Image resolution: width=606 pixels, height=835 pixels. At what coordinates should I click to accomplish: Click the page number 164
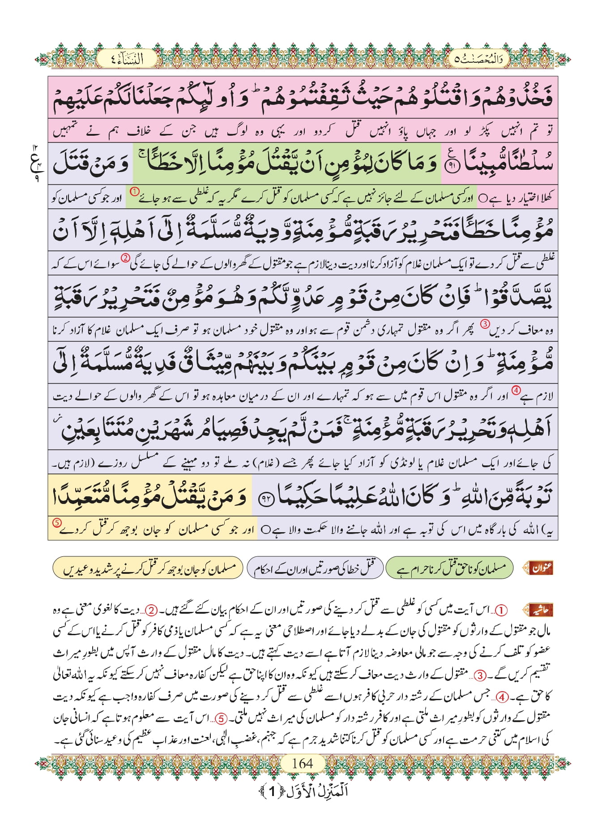(302, 763)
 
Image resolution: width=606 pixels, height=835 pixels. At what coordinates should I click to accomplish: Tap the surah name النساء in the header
(127, 59)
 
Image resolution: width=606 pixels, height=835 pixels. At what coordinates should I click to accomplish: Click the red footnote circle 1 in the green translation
(134, 192)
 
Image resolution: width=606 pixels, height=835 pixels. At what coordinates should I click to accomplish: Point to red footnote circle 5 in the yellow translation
(57, 523)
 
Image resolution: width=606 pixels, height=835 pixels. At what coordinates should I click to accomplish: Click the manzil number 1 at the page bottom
(272, 791)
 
